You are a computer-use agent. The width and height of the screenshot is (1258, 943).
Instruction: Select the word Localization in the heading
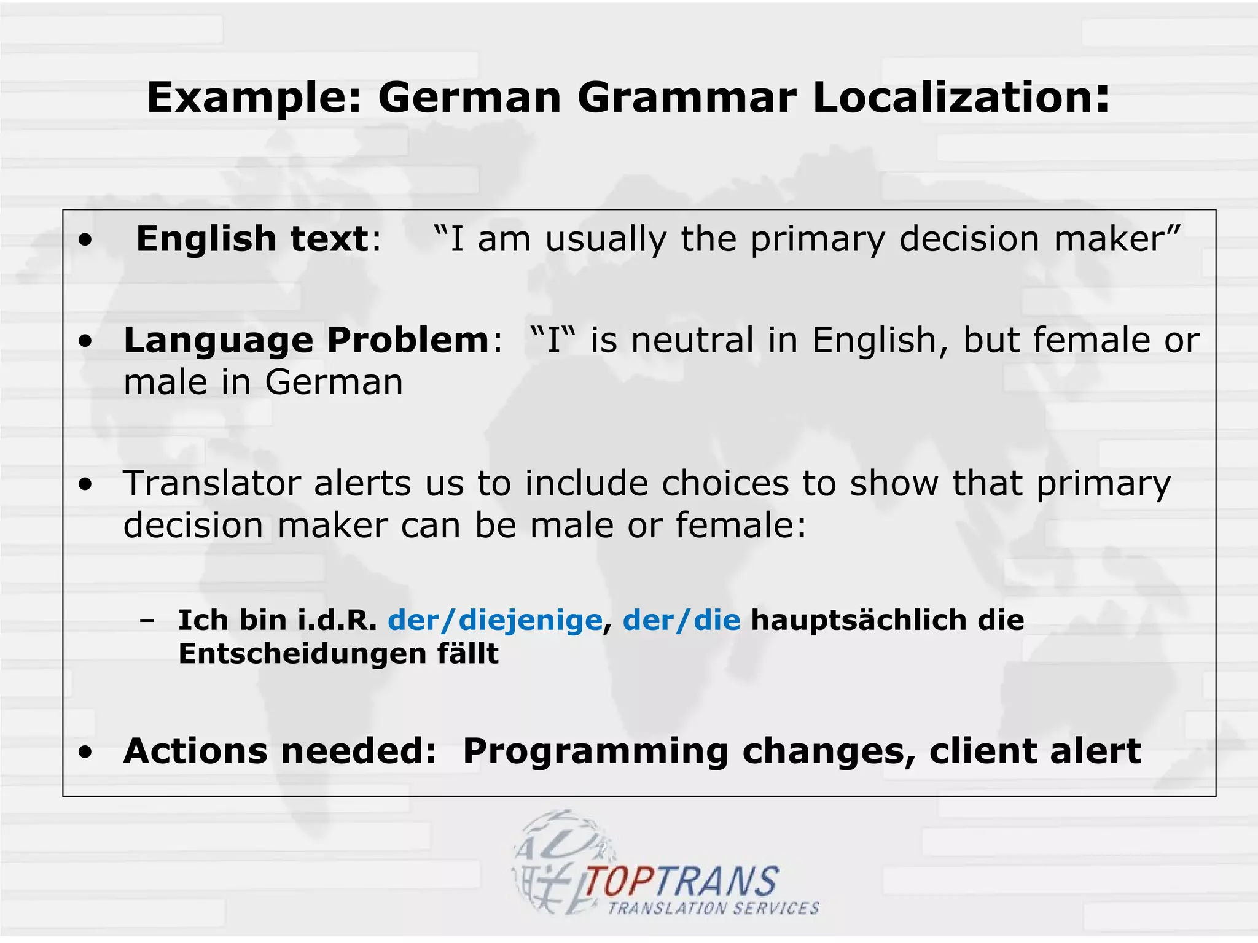pos(961,98)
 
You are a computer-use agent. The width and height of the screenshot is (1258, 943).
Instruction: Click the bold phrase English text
pos(252,238)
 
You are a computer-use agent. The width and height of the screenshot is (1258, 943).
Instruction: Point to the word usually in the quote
pos(606,239)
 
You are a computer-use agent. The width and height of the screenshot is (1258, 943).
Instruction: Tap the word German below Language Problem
pos(334,382)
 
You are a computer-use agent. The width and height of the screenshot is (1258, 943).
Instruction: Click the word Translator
pos(211,483)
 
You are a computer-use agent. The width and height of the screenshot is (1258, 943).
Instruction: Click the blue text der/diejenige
pos(494,620)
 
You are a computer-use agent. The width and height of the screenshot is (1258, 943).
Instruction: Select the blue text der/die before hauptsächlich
pos(681,620)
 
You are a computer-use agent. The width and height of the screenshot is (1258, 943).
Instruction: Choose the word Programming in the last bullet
pos(595,751)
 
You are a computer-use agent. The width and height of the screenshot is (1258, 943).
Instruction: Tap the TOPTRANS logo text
pos(681,882)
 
